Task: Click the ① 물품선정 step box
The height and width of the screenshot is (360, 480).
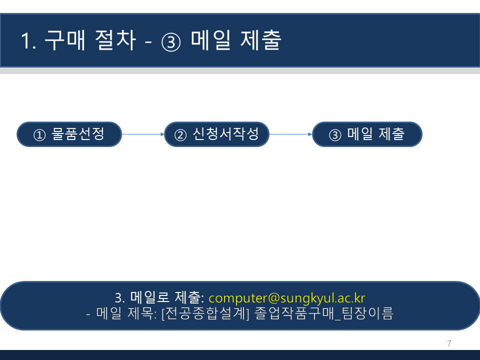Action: click(69, 134)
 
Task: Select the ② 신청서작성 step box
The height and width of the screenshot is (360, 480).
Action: click(216, 134)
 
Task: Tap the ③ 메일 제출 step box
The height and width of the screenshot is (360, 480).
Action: click(367, 134)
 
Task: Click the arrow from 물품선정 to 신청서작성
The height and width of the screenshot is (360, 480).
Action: click(143, 134)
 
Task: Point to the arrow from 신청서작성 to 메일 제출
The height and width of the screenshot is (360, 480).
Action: click(291, 134)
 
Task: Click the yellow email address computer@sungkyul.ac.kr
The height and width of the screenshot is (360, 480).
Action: click(287, 298)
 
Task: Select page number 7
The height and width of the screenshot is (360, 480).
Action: click(449, 343)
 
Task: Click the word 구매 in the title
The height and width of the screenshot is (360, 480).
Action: click(65, 40)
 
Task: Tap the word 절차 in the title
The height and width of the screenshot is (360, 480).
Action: click(115, 40)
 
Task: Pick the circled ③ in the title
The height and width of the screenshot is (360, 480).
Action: click(171, 42)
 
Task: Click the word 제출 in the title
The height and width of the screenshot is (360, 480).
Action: click(261, 40)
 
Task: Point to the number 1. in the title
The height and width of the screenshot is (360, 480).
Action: click(28, 40)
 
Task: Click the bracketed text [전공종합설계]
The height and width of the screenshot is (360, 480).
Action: click(205, 313)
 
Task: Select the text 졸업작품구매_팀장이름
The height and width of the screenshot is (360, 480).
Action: click(324, 313)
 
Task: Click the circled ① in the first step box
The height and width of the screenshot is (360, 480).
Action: click(39, 135)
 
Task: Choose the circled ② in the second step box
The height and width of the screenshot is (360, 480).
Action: click(180, 135)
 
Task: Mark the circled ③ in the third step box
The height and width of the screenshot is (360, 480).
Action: click(335, 135)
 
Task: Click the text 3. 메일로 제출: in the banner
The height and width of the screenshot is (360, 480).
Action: click(159, 297)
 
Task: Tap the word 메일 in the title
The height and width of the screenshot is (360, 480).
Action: click(210, 40)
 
